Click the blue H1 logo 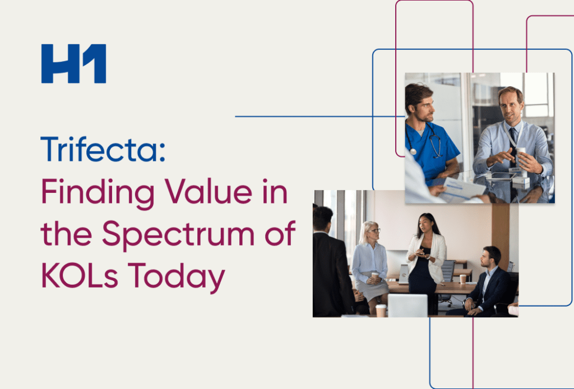(73, 64)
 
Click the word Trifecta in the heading (103, 150)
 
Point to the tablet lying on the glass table (500, 175)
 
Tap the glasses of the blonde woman (373, 230)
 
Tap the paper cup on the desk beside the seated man (463, 279)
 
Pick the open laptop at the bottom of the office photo (408, 305)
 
